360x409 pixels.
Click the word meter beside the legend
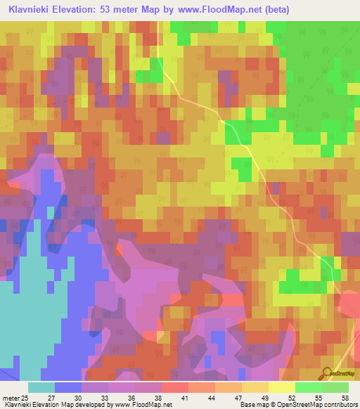click(x=11, y=398)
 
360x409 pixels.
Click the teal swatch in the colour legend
click(x=41, y=387)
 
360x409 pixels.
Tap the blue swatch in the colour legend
click(x=68, y=387)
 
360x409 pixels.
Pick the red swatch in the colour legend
click(x=175, y=387)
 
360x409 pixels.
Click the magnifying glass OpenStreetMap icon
click(x=326, y=373)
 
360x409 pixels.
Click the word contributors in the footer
click(x=340, y=405)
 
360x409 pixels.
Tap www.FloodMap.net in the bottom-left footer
click(x=144, y=405)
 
